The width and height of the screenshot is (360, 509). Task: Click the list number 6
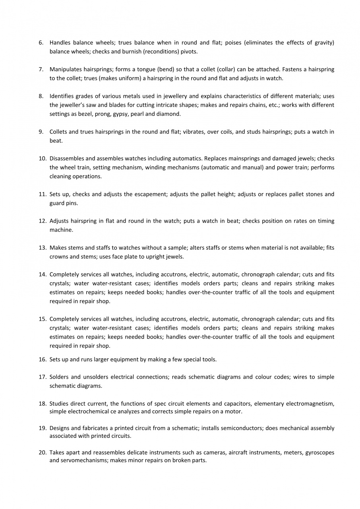pos(41,43)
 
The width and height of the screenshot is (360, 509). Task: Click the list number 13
pos(43,247)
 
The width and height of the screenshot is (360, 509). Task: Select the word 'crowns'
pos(58,256)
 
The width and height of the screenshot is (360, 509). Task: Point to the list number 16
pos(43,359)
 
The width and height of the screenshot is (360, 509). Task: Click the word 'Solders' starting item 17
pos(59,377)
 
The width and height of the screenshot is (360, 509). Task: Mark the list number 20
pos(43,453)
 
